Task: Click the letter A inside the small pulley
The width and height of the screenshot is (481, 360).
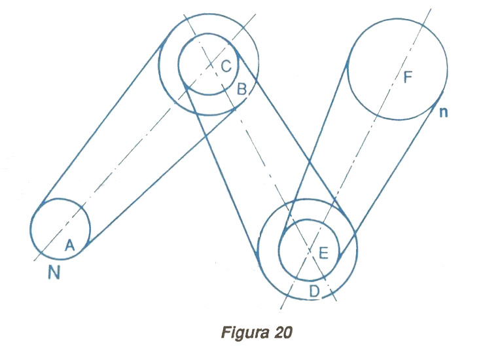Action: [71, 245]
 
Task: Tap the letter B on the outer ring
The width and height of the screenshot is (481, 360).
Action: [241, 90]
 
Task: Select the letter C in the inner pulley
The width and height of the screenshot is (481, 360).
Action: [225, 65]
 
